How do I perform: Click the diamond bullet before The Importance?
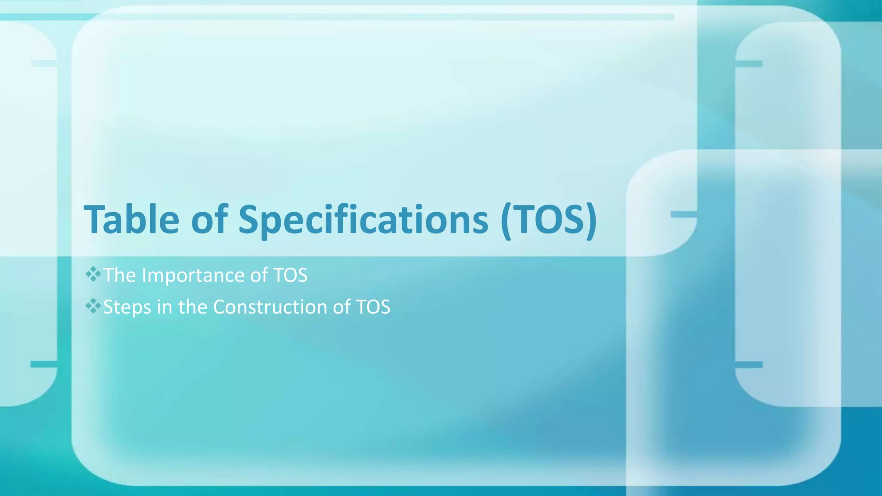93,274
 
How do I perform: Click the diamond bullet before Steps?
93,306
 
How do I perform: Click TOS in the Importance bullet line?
291,276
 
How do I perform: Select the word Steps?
127,307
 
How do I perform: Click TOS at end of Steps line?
373,307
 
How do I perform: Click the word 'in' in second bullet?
165,307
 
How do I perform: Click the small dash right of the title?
683,214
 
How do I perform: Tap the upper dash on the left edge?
44,63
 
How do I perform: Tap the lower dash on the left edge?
43,364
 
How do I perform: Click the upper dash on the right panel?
748,64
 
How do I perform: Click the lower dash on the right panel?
748,365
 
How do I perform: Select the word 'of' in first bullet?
259,276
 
